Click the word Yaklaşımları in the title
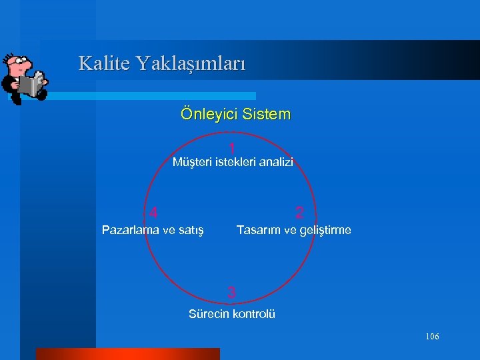coord(191,65)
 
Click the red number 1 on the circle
coord(231,147)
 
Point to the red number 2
coord(299,213)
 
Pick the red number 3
coord(231,292)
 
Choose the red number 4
coord(154,213)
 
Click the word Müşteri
coord(191,162)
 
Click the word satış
coord(192,231)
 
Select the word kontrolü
coord(254,314)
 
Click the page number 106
coord(432,337)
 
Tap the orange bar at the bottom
coord(127,353)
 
